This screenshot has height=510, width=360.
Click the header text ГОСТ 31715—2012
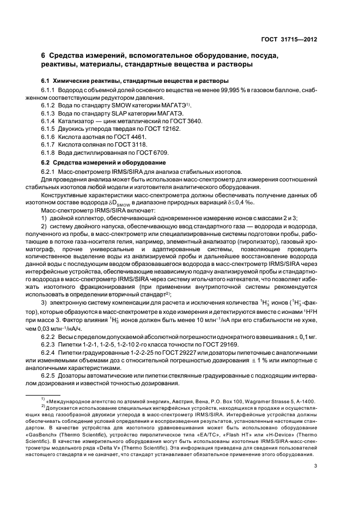click(289, 40)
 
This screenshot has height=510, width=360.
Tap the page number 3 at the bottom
click(315, 481)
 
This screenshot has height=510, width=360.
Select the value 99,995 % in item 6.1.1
click(215, 88)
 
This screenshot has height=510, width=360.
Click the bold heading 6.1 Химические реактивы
click(113, 80)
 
